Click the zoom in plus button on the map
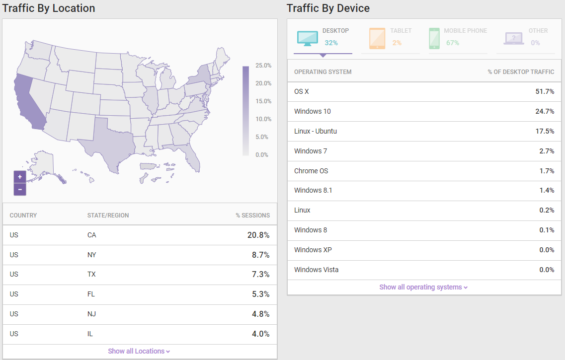point(20,177)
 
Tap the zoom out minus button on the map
point(20,189)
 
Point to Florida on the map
point(193,156)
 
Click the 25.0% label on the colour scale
point(263,66)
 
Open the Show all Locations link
point(139,351)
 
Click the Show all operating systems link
point(423,287)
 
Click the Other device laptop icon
point(513,38)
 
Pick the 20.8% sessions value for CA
point(258,235)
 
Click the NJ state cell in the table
point(91,314)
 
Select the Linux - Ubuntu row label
point(316,131)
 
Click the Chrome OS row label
point(311,171)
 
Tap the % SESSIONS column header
point(253,216)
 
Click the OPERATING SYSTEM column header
point(323,72)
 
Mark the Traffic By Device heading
point(328,8)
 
